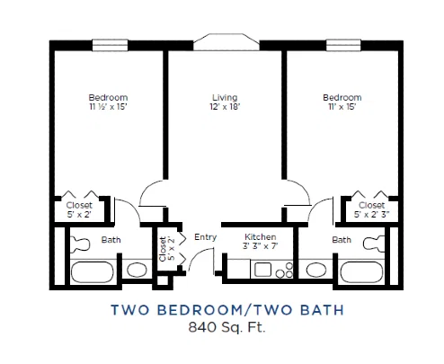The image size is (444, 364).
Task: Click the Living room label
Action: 225,97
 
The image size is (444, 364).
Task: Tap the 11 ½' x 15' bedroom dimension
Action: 108,107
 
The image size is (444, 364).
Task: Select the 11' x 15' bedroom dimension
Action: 342,107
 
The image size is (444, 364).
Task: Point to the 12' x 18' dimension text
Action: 225,107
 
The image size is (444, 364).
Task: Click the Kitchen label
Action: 261,236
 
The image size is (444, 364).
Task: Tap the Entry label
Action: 205,237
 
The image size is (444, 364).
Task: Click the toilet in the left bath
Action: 80,244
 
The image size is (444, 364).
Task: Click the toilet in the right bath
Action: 373,244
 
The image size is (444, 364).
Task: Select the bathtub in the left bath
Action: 92,272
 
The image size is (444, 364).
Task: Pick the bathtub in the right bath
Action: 361,272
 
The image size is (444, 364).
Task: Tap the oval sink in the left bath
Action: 137,270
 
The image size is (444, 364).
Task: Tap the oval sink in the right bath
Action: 316,270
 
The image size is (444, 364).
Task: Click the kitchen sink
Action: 262,270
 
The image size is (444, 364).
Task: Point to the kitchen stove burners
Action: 285,271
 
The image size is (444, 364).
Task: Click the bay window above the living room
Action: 226,41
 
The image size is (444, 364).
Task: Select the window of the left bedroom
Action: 110,45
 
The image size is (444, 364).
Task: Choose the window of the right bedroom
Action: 343,45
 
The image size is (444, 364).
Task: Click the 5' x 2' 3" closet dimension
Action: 371,215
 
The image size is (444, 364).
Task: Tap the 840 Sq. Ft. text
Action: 226,327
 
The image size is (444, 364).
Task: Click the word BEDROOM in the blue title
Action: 201,310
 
